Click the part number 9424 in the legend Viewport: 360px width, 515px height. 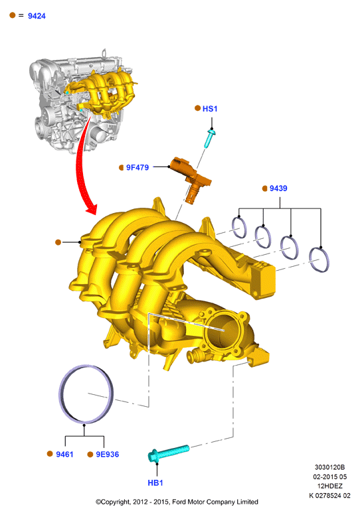[x=37, y=16]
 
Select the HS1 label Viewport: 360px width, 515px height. [x=210, y=109]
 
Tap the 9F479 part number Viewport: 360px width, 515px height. [x=137, y=167]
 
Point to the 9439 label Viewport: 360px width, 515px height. [x=278, y=188]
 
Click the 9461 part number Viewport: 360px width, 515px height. [x=64, y=454]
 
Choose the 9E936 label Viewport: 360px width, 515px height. [x=107, y=454]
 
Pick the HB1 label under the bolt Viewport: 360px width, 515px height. [x=155, y=483]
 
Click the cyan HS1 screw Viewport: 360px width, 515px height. [x=210, y=138]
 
